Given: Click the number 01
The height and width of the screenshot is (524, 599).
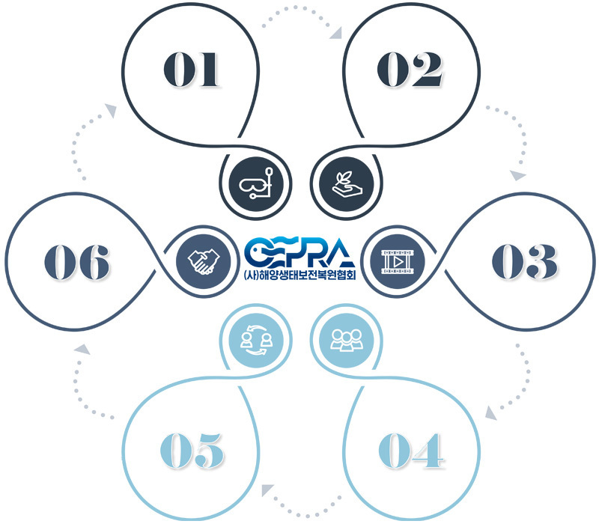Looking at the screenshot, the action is click(191, 70).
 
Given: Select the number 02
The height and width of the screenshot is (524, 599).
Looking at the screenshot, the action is click(410, 70).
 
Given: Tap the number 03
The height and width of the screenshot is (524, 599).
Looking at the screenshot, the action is click(525, 261).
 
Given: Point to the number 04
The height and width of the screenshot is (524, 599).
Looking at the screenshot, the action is click(411, 451).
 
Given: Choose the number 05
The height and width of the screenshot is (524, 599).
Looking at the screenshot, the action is click(192, 451).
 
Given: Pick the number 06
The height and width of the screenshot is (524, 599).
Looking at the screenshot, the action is click(77, 263).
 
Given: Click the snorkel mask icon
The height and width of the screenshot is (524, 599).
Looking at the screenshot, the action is click(256, 183).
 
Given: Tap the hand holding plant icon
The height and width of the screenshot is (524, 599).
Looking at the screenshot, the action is click(346, 183).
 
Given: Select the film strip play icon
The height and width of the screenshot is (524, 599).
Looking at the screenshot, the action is click(398, 261).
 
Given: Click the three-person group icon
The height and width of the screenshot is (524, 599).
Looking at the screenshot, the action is click(346, 341).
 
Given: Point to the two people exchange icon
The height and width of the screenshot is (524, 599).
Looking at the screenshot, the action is click(256, 341).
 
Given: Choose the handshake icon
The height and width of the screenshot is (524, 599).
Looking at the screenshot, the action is click(204, 261).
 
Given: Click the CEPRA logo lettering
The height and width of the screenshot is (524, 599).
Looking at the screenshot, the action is click(299, 252).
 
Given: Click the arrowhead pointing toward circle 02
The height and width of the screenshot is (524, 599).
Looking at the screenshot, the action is click(336, 33).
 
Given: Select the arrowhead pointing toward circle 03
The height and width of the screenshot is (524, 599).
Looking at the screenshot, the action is click(518, 175).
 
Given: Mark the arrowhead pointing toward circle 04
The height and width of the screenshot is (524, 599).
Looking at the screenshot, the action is click(491, 413).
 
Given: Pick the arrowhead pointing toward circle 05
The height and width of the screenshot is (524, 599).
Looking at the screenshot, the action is click(267, 490).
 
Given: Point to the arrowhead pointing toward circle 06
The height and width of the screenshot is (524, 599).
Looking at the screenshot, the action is click(82, 349).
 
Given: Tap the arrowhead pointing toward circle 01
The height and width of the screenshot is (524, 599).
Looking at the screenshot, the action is click(111, 110).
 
